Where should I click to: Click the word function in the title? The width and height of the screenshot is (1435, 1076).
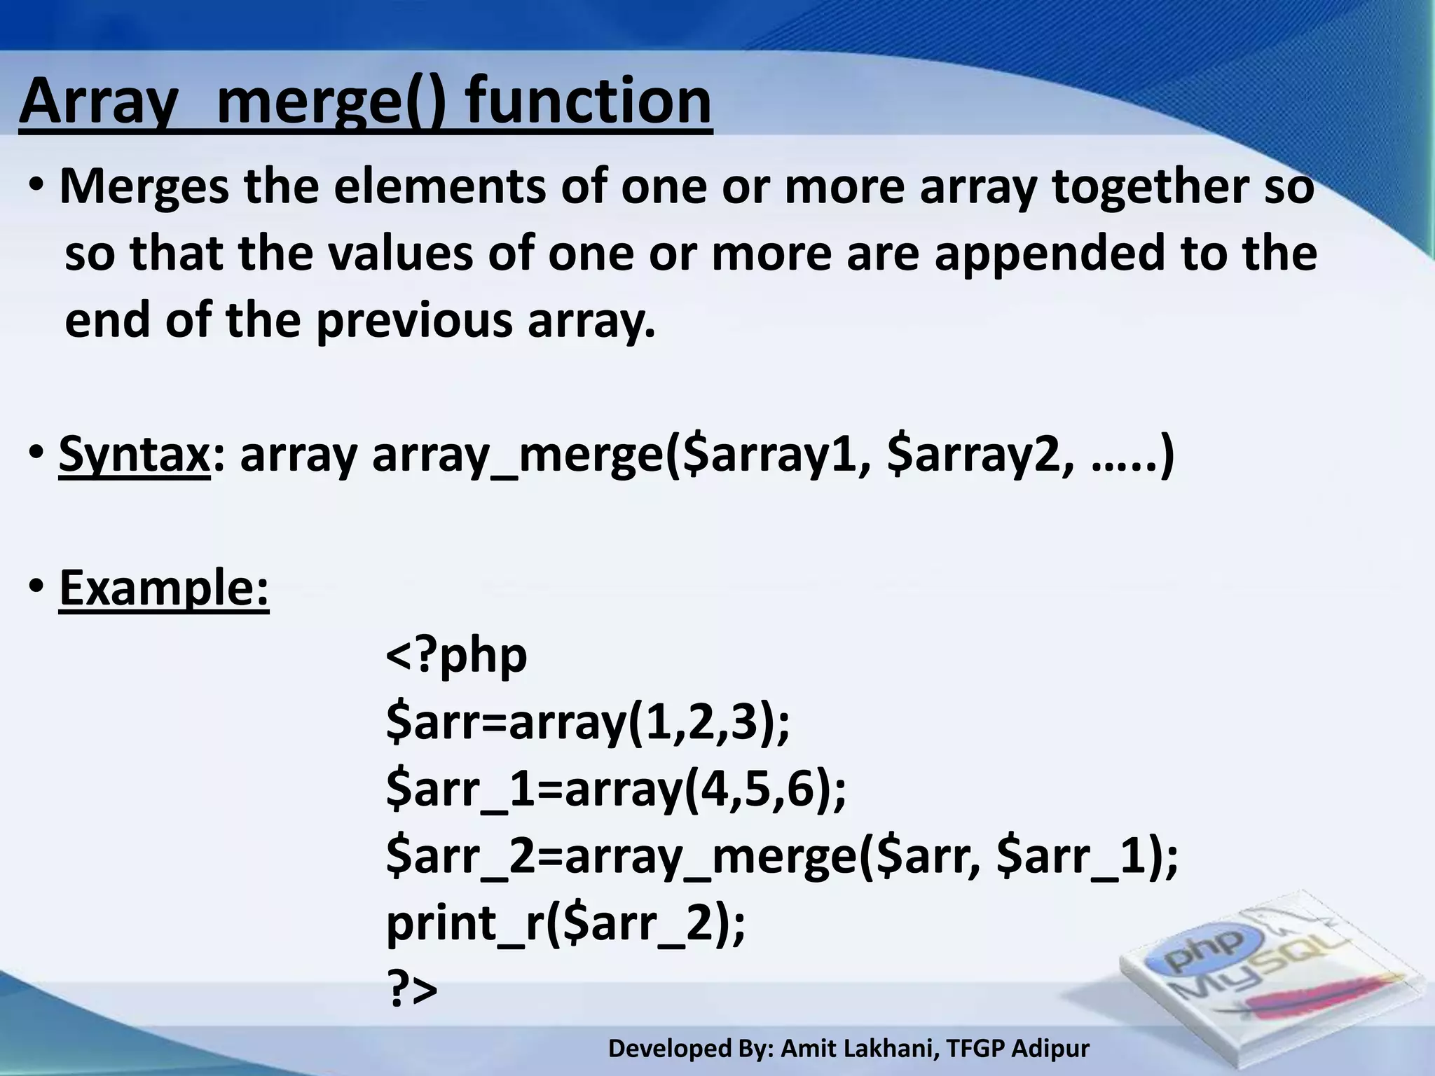coord(589,102)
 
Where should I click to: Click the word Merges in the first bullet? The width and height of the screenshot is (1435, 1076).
coord(144,187)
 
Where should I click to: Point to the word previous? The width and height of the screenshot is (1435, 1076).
coord(413,321)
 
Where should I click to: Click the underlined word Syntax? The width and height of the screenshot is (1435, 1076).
coord(134,455)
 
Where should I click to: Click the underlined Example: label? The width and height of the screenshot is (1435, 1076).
coord(164,588)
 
